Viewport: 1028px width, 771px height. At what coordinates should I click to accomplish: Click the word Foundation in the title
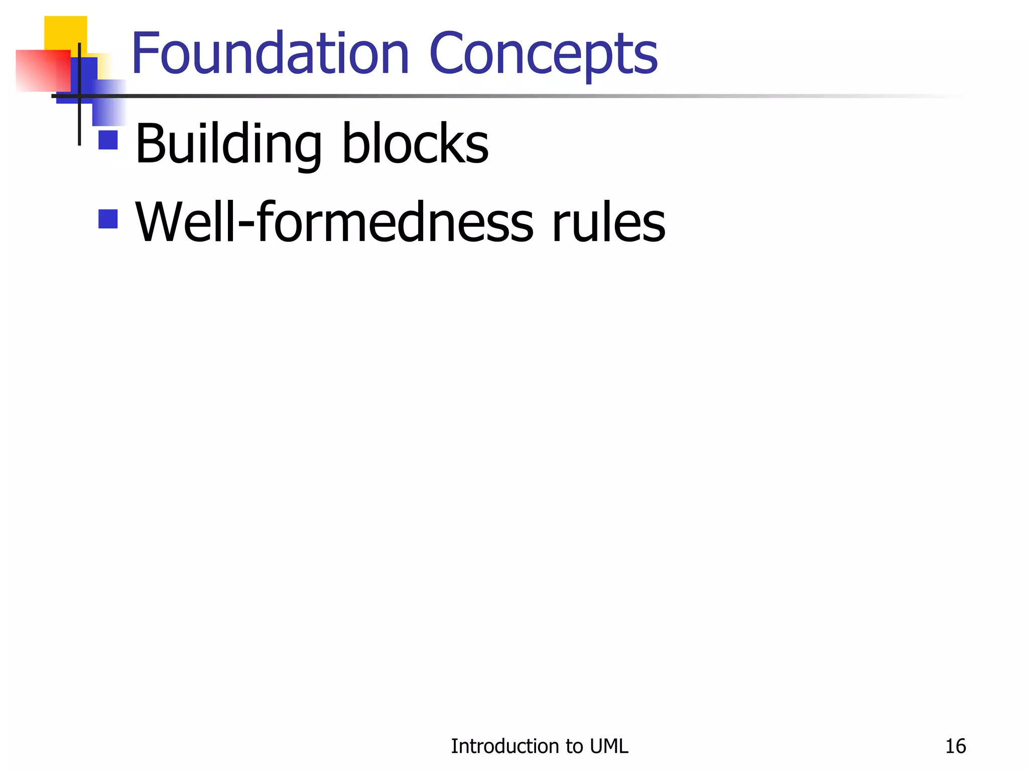270,53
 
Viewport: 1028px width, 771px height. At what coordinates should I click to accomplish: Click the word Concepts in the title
543,53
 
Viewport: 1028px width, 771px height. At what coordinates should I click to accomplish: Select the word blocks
415,144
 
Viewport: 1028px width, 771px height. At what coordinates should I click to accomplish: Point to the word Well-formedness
334,222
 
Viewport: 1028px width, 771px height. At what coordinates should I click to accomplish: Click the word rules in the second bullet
608,222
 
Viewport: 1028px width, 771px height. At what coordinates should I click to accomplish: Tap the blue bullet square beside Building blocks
108,140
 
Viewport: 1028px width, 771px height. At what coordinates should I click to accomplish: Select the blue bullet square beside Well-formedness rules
108,219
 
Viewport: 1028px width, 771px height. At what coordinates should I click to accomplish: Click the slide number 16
955,746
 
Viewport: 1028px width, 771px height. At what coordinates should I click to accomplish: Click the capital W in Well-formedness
160,222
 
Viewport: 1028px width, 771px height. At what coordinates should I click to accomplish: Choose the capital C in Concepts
449,53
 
